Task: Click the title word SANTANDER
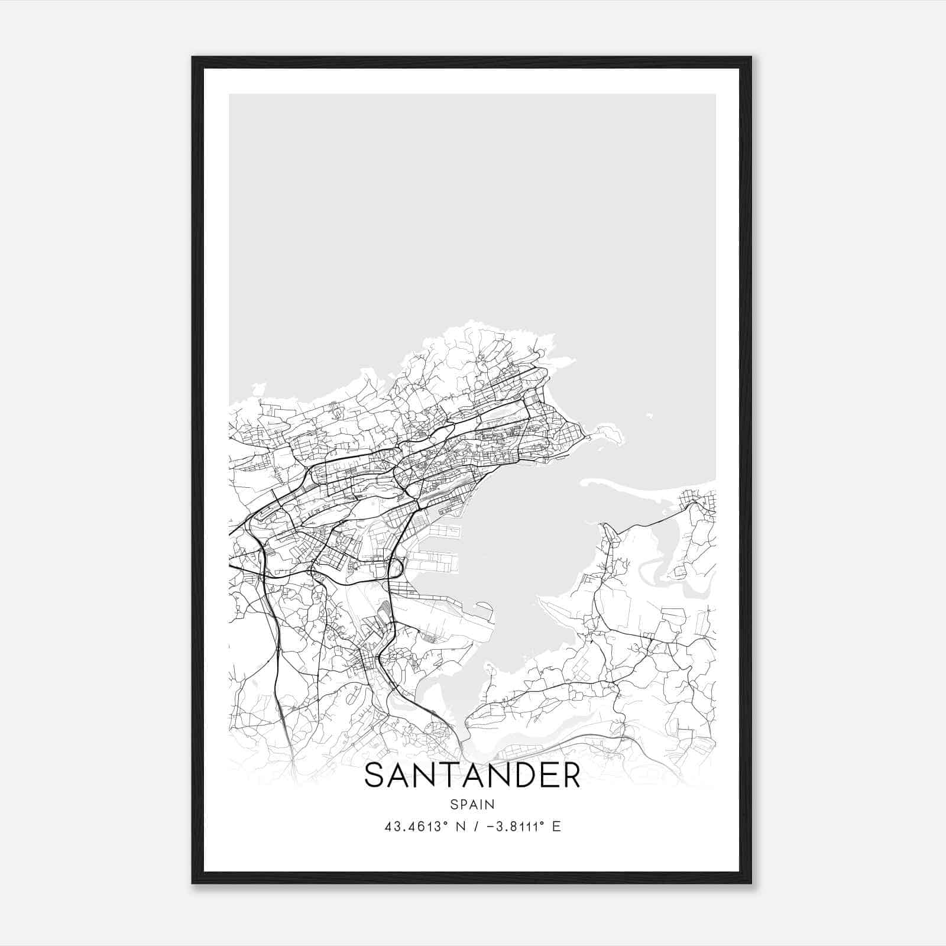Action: pos(472,775)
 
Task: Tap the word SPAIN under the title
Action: pos(472,804)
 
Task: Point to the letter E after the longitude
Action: pos(556,827)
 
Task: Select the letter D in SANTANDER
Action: pos(516,775)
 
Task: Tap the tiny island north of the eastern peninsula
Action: pos(649,416)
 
